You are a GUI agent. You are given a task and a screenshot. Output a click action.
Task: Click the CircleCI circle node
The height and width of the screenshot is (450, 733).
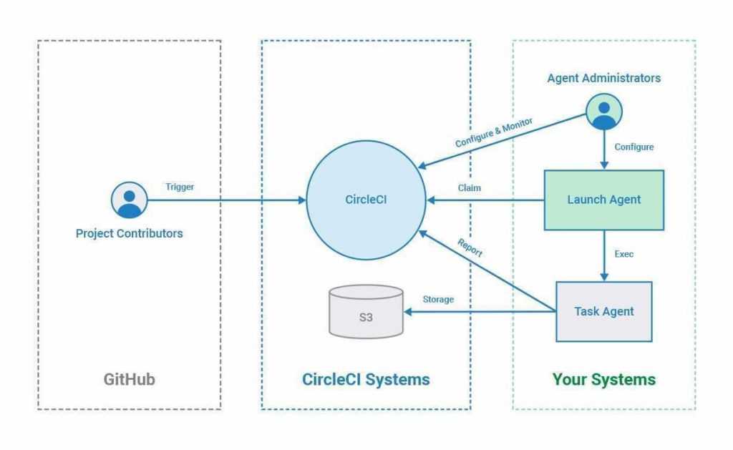(366, 200)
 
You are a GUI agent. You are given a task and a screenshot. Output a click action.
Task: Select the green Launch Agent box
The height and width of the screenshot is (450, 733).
(603, 200)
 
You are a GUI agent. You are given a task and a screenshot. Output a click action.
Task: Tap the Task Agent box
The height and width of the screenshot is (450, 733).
(603, 311)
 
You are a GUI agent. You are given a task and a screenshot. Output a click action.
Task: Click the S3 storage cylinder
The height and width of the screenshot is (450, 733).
(366, 312)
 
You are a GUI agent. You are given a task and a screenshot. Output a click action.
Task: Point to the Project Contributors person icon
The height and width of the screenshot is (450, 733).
(130, 200)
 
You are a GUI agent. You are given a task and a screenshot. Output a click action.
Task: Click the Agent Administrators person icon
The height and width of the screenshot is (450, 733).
(603, 112)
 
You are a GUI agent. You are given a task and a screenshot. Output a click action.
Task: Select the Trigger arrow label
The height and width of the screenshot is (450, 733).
(180, 187)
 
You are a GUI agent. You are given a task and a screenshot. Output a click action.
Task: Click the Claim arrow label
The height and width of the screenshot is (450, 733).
(470, 188)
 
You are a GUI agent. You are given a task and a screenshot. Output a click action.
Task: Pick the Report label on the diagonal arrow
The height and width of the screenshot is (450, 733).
(470, 248)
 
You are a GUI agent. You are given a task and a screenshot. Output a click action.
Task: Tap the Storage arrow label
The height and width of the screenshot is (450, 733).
(438, 299)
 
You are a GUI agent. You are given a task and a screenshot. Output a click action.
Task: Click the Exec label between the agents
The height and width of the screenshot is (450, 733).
(624, 254)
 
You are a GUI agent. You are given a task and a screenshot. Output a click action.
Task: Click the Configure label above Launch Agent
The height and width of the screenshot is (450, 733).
(634, 147)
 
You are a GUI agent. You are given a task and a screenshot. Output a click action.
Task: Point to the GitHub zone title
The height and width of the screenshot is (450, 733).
(129, 379)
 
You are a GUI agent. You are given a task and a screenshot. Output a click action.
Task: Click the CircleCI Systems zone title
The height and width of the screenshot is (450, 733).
(366, 379)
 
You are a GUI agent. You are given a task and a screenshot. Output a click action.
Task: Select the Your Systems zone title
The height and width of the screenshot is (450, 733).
(603, 379)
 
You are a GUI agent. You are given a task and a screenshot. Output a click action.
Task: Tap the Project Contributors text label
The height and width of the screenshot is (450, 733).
(129, 233)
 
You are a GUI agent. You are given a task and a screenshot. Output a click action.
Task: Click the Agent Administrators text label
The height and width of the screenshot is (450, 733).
(603, 78)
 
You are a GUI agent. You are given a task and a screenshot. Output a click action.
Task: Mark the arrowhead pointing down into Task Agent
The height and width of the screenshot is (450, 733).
(603, 277)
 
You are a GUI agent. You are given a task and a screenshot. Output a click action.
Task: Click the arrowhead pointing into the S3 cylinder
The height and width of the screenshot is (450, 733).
(408, 311)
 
